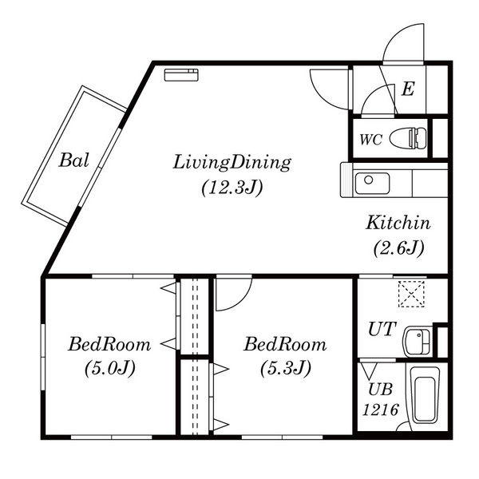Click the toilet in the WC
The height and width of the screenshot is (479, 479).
(x=409, y=138)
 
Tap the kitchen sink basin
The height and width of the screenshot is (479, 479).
(x=372, y=184)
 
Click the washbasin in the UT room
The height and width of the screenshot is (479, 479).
(x=418, y=342)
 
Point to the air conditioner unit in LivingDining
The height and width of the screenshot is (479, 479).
(x=181, y=75)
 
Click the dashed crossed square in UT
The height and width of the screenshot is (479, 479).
(x=411, y=294)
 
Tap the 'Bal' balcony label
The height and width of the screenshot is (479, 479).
(x=74, y=160)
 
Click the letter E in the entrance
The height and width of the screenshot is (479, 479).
(x=408, y=89)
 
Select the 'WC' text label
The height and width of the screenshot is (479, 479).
(x=370, y=140)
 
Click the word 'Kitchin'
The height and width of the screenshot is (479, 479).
(x=398, y=223)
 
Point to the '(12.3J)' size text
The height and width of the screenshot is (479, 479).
(x=232, y=188)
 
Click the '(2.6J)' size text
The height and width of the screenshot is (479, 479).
(x=398, y=248)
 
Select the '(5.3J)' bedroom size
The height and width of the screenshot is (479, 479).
(x=286, y=368)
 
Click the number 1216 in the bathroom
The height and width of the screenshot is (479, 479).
(x=381, y=410)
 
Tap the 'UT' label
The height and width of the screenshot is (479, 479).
(x=382, y=329)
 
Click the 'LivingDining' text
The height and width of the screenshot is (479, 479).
(x=232, y=163)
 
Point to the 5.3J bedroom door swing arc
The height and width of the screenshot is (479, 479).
(x=240, y=300)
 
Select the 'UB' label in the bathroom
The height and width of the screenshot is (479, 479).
(x=380, y=390)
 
